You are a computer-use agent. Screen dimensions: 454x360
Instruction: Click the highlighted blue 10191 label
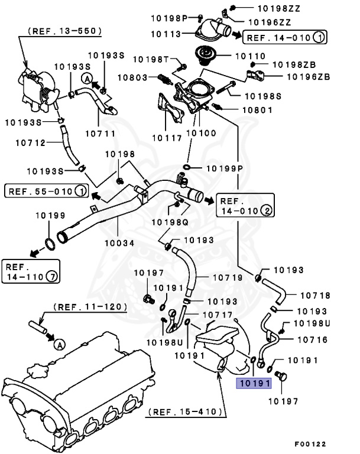click(x=254, y=384)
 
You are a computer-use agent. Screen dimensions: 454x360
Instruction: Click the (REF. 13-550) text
click(x=64, y=30)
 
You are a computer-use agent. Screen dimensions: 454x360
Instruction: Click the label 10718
click(x=315, y=295)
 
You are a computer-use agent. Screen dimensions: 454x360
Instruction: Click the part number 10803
click(x=133, y=77)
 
